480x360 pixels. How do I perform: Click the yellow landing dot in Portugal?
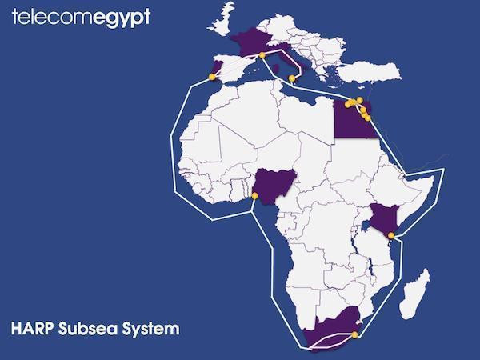click(x=212, y=77)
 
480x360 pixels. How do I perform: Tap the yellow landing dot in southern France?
click(x=262, y=55)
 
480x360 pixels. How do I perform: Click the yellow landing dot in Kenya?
click(x=390, y=235)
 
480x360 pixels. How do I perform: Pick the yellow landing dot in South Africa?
click(x=354, y=334)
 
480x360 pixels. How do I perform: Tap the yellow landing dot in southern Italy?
click(x=291, y=78)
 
